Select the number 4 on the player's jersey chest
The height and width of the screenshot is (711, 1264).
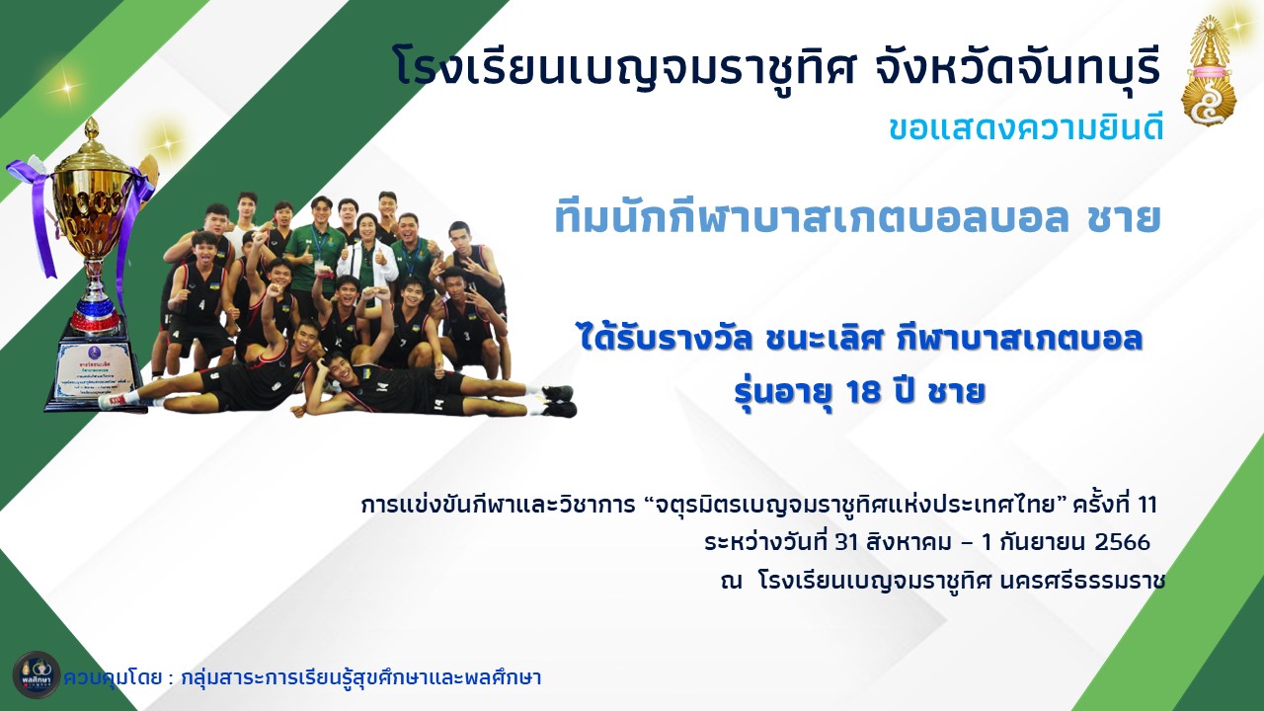click(202, 305)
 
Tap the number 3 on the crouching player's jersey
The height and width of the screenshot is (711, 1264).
click(467, 337)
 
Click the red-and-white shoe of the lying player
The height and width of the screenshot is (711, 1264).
click(112, 401)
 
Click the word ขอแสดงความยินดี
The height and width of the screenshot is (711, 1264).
click(1026, 128)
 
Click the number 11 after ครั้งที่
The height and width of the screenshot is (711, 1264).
click(1147, 504)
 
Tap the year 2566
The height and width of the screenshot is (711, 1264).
click(1122, 542)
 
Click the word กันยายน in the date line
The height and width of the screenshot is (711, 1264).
click(1042, 542)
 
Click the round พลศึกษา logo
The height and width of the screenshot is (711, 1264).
click(37, 674)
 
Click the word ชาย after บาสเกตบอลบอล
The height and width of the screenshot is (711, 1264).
click(1124, 219)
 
